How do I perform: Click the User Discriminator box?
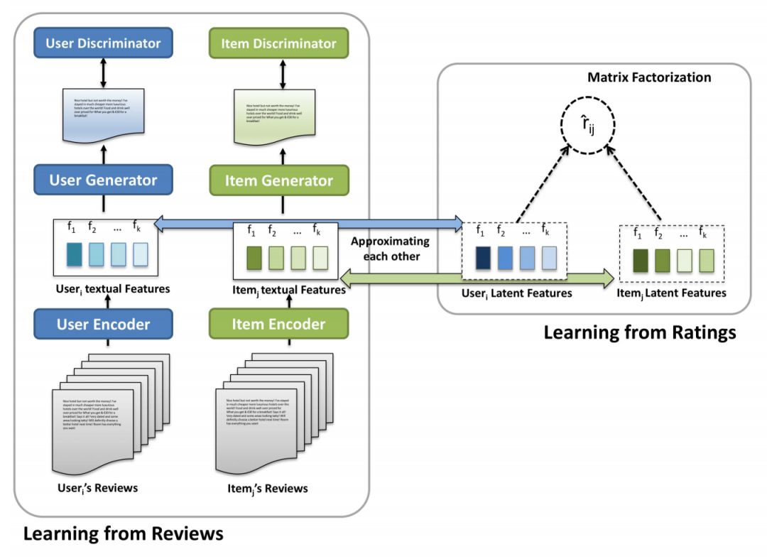point(104,43)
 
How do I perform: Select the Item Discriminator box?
point(279,43)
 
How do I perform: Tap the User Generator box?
point(104,180)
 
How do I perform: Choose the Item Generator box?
point(279,180)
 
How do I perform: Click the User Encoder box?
point(104,325)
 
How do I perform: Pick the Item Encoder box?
point(279,325)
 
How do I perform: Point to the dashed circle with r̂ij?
point(587,127)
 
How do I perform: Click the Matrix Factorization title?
point(649,77)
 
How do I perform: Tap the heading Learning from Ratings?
point(640,332)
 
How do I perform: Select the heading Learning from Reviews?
point(123,533)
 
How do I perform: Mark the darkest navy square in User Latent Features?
point(484,258)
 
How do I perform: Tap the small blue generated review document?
point(104,115)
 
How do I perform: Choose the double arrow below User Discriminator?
point(104,72)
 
